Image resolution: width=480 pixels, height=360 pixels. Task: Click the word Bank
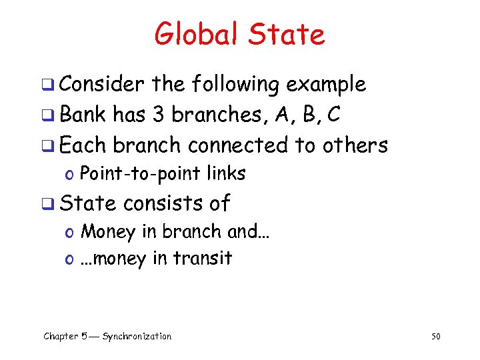[x=83, y=115]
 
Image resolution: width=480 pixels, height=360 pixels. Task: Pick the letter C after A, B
[x=333, y=115]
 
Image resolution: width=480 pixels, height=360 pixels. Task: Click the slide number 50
[x=436, y=337]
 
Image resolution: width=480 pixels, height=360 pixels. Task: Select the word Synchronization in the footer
[x=137, y=337]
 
